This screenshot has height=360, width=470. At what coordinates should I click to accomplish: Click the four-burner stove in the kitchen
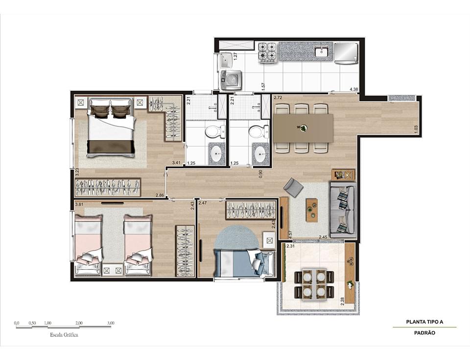tap(268, 52)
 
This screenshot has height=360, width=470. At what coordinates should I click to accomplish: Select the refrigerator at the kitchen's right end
tap(347, 52)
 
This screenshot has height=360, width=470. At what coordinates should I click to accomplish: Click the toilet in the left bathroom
tap(215, 131)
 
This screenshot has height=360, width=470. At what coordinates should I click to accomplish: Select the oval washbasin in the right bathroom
tap(260, 154)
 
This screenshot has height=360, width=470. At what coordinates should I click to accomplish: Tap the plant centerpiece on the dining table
tap(304, 128)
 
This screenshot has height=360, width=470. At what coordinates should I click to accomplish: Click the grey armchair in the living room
tap(294, 187)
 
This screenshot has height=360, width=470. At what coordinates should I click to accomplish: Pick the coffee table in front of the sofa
tap(310, 210)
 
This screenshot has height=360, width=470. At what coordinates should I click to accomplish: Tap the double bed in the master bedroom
tap(111, 128)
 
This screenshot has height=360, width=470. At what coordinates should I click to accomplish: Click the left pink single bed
tap(88, 244)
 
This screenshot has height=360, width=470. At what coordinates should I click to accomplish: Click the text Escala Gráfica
tap(64, 336)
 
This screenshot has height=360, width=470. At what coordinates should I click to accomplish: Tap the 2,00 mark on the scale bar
tap(79, 323)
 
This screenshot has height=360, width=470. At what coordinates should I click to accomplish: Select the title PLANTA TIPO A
tap(424, 322)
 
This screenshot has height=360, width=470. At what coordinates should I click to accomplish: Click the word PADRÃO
tap(424, 333)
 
